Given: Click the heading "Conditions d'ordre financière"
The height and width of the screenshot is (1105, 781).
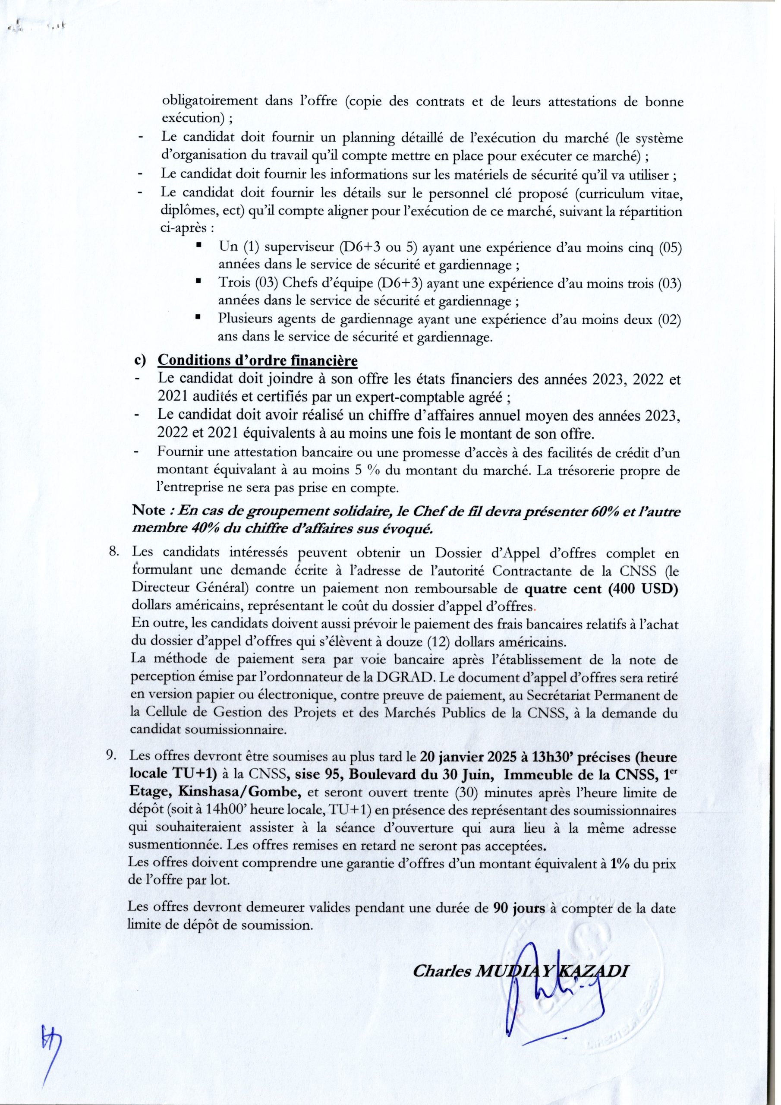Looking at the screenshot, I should pyautogui.click(x=258, y=360).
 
